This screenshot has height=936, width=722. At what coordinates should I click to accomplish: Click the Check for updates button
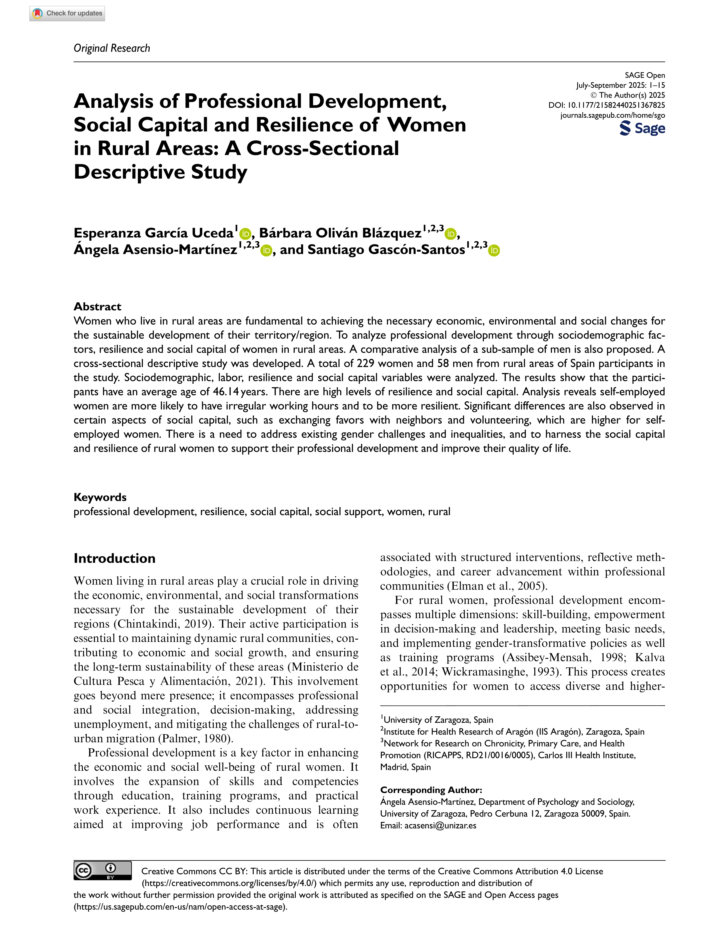67,13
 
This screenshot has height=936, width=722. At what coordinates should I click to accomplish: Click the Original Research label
112,48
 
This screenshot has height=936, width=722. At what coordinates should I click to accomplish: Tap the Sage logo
642,128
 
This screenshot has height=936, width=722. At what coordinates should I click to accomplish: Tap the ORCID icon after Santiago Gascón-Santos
494,251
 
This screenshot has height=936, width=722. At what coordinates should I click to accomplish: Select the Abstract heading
97,307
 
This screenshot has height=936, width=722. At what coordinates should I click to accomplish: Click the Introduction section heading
114,558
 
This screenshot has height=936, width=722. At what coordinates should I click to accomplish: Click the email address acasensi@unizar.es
440,825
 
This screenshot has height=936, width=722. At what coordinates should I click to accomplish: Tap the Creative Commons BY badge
102,870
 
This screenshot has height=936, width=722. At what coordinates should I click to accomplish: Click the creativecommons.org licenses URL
229,883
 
